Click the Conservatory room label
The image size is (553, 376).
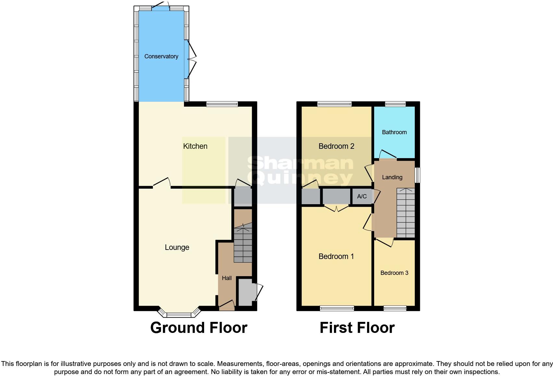161,56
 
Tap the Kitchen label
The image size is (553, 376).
195,146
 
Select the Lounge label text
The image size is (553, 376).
177,247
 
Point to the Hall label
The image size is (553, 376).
227,278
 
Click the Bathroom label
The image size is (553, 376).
394,132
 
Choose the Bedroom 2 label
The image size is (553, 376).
336,146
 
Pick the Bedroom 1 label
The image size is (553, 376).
336,256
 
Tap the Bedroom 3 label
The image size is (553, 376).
394,273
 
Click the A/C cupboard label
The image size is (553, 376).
362,196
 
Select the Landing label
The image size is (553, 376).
392,177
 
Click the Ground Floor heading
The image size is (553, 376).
199,328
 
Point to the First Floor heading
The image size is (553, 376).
357,328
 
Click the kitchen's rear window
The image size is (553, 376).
222,104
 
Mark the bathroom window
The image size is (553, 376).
395,104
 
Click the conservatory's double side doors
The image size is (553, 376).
191,59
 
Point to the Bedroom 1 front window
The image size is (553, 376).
337,308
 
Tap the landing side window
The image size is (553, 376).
418,175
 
